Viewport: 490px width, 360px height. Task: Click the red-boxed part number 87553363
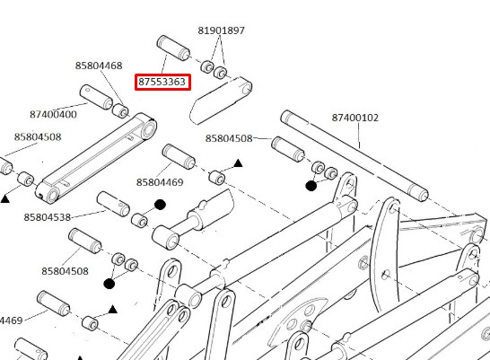click(x=162, y=82)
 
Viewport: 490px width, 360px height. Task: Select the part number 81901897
click(x=222, y=31)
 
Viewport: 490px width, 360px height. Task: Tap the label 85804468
click(x=99, y=66)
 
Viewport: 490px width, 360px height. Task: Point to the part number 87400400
click(x=53, y=114)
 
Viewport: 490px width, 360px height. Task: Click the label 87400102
click(x=355, y=118)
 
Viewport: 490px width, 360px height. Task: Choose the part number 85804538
click(x=48, y=217)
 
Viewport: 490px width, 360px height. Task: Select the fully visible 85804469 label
click(x=160, y=182)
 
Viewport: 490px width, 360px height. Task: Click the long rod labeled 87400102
click(x=354, y=155)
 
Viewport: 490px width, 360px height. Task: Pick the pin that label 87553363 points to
click(x=173, y=48)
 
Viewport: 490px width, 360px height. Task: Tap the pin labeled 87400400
click(x=96, y=97)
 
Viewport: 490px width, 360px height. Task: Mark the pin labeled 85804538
click(x=113, y=204)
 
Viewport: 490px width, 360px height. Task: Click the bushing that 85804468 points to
click(x=120, y=111)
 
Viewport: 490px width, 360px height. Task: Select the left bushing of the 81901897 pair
click(x=207, y=66)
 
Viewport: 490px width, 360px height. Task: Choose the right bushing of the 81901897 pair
click(x=220, y=73)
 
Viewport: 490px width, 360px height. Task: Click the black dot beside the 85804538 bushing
click(x=160, y=205)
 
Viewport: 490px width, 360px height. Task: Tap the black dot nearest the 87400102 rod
click(x=311, y=186)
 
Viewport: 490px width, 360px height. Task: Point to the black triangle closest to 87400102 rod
click(x=238, y=163)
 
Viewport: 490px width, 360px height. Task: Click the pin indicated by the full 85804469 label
click(x=179, y=156)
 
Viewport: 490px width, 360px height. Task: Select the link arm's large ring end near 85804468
click(x=149, y=129)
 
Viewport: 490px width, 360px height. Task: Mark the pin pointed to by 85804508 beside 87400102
click(x=288, y=149)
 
